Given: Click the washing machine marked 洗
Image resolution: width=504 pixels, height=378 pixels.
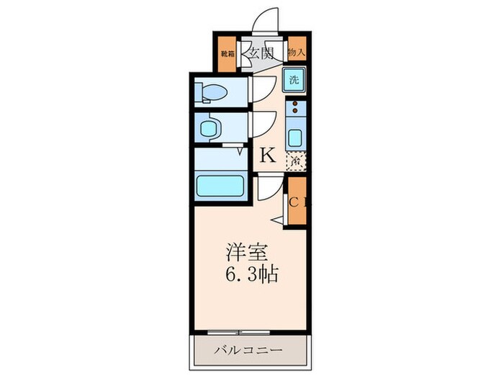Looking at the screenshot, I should (294, 79).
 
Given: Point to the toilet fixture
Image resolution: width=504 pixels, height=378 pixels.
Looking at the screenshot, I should (213, 91).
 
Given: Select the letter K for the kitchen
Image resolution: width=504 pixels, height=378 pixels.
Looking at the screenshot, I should (267, 154).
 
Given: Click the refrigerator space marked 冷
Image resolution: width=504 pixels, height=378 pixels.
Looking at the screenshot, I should (295, 161).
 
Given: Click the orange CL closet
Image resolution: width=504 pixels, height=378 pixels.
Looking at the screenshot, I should (297, 202).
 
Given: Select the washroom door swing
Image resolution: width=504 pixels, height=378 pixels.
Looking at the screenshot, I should (259, 125).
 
